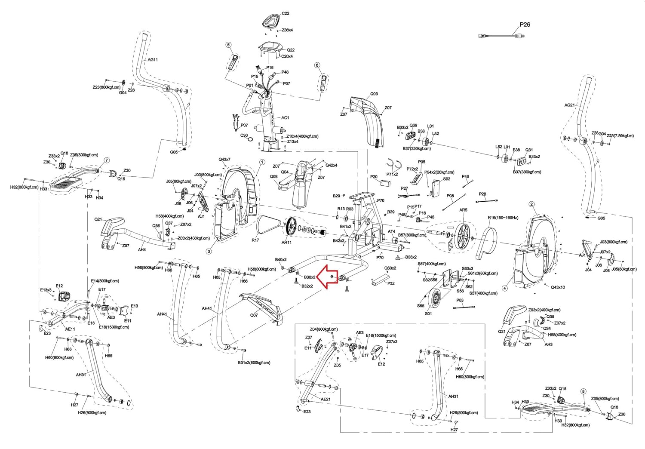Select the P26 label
(x=525, y=25)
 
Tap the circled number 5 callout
(x=228, y=45)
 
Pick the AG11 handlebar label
(x=153, y=60)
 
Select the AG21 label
(x=569, y=105)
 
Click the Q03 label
(x=374, y=94)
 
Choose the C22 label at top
(x=286, y=14)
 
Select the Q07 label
(x=254, y=315)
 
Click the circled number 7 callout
(x=106, y=160)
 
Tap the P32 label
(x=391, y=283)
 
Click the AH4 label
(x=141, y=249)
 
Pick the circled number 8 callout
(x=583, y=391)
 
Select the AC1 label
(x=285, y=117)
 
